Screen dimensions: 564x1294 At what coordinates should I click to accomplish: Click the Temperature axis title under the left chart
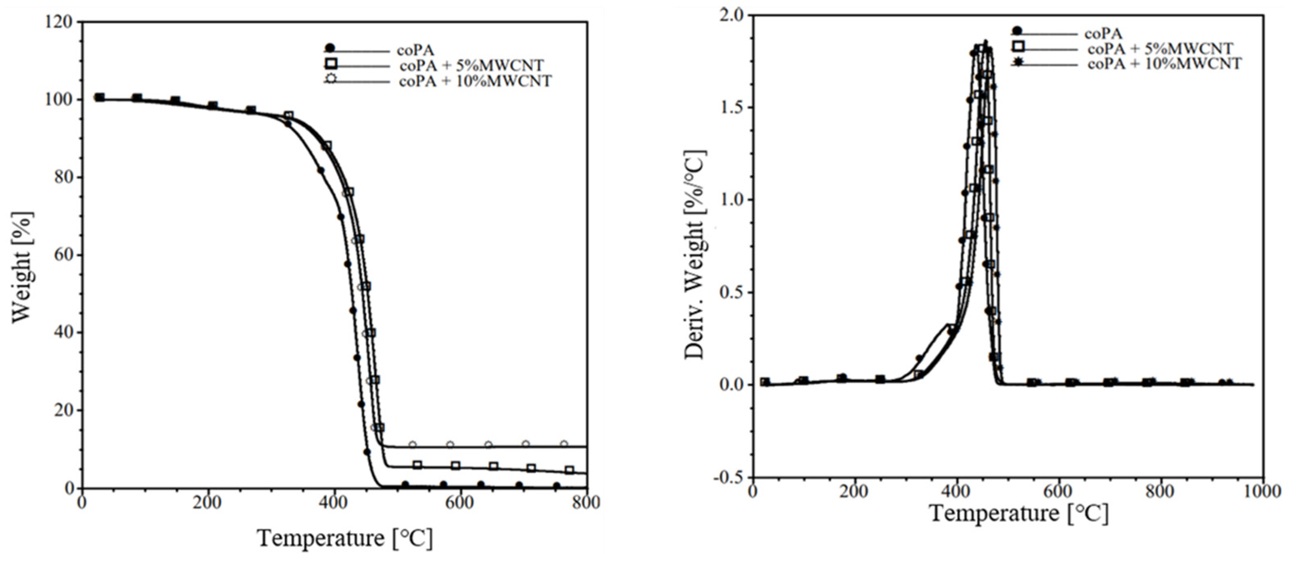pyautogui.click(x=345, y=538)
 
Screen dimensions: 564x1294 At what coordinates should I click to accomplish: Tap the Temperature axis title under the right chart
pyautogui.click(x=1019, y=513)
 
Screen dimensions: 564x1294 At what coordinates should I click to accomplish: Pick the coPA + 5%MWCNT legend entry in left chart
pyautogui.click(x=471, y=66)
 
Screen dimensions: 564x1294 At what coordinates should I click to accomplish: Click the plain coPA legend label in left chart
pyautogui.click(x=415, y=50)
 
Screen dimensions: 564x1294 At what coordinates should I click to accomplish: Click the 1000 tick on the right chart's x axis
pyautogui.click(x=1262, y=490)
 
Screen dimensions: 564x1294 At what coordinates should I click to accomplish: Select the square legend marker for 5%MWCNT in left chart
pyautogui.click(x=332, y=64)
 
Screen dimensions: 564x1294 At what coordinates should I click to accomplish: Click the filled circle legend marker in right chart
pyautogui.click(x=1017, y=31)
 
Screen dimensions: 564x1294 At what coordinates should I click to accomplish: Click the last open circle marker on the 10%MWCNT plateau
pyautogui.click(x=564, y=444)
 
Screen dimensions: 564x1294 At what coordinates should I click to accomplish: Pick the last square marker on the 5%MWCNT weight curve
pyautogui.click(x=569, y=470)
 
